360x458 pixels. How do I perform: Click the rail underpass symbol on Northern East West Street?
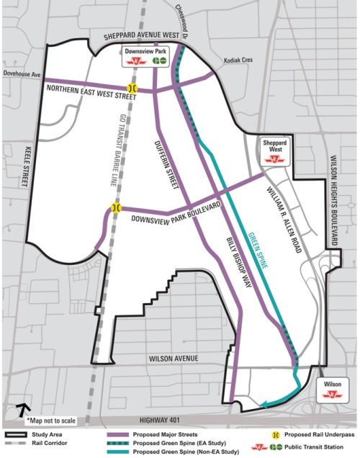click(132, 87)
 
